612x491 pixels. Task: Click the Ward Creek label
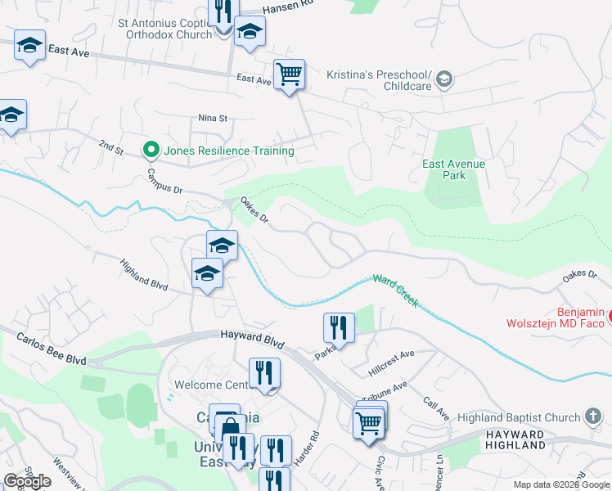(x=397, y=291)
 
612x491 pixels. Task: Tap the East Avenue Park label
(x=453, y=169)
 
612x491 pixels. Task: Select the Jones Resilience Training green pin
(x=151, y=150)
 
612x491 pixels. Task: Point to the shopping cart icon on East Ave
(x=289, y=75)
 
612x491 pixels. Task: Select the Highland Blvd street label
(x=143, y=276)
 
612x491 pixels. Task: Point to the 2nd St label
(x=111, y=146)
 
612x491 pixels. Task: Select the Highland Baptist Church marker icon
(x=596, y=417)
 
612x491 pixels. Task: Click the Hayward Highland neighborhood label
(x=515, y=439)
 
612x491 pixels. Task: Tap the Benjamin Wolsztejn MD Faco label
(x=568, y=318)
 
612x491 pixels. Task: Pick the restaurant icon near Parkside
(x=339, y=328)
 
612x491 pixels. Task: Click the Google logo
(x=28, y=481)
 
